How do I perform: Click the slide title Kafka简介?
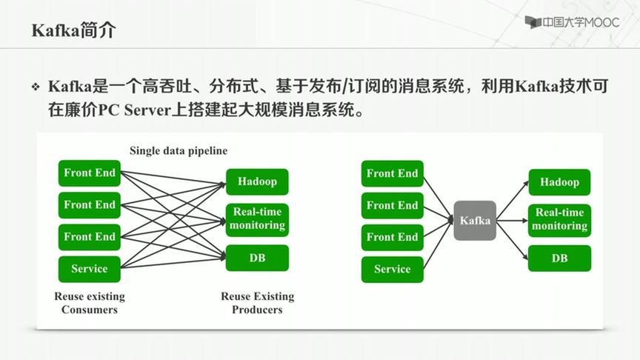pos(73,30)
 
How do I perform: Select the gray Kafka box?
pos(475,221)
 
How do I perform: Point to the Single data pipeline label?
pos(179,150)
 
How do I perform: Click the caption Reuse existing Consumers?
pos(90,303)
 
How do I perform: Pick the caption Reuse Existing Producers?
pos(257,303)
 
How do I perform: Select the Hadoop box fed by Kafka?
pos(559,182)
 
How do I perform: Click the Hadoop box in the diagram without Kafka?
pos(257,181)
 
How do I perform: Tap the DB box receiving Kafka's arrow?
pos(559,259)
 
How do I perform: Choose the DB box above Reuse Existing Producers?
pos(257,258)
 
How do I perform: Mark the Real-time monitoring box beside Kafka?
pos(559,219)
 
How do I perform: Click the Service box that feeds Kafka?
pos(392,270)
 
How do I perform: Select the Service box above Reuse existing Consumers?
pos(89,269)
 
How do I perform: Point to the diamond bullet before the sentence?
pos(35,87)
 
